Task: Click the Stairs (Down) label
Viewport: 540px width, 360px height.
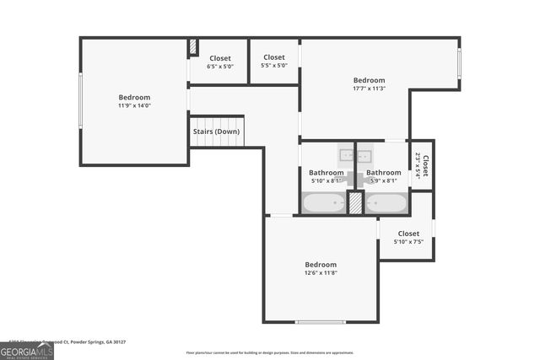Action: pos(216,132)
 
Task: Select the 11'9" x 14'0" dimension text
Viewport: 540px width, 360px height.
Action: pos(134,106)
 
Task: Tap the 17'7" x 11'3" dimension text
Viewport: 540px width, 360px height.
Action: pos(369,89)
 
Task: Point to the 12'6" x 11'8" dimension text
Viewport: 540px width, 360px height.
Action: pos(321,272)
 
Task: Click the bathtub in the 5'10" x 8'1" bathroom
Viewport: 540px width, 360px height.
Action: pos(324,203)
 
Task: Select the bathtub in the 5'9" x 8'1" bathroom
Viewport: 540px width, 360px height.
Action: pos(386,203)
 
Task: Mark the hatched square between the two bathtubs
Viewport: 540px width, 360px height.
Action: pos(356,203)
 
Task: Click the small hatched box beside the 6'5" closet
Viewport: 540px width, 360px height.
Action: pos(193,46)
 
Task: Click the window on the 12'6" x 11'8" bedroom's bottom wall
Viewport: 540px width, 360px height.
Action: pos(320,322)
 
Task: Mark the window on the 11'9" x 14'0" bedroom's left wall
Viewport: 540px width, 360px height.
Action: pos(80,101)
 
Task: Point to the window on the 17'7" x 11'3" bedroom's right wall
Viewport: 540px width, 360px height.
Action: pos(459,64)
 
